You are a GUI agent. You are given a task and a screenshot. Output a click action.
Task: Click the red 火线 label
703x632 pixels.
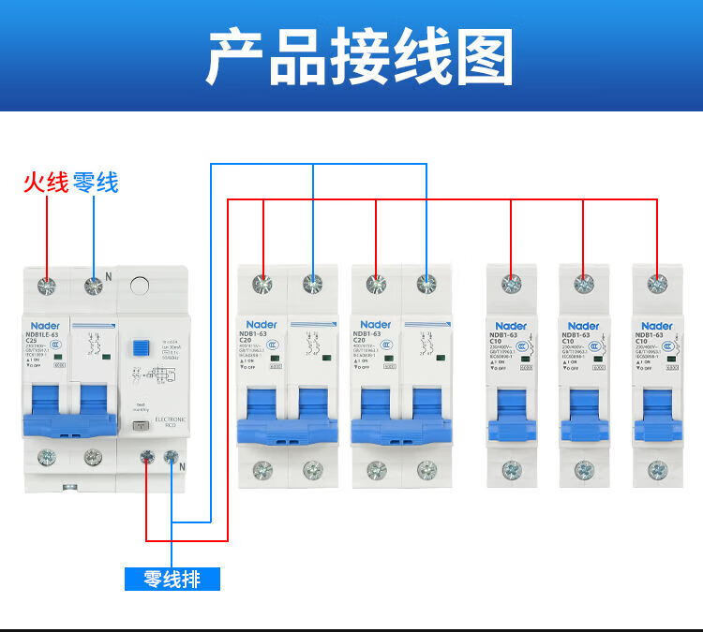pyautogui.click(x=46, y=183)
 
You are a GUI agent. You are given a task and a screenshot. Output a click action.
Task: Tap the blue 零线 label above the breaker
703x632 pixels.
pyautogui.click(x=96, y=183)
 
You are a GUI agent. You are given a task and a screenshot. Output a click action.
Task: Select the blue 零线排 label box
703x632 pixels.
pyautogui.click(x=172, y=579)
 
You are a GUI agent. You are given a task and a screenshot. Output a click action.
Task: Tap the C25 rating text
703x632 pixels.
pyautogui.click(x=33, y=341)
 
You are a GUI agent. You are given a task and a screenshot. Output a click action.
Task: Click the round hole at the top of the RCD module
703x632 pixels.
pyautogui.click(x=141, y=287)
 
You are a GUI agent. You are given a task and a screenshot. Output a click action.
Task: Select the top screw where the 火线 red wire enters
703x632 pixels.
pyautogui.click(x=45, y=286)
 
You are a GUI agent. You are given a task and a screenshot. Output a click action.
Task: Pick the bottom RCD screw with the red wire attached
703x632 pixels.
pyautogui.click(x=147, y=458)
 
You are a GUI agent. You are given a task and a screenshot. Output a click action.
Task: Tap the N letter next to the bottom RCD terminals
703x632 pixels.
pyautogui.click(x=183, y=468)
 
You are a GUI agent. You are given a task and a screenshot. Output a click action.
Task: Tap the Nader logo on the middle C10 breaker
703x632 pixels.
pyautogui.click(x=574, y=324)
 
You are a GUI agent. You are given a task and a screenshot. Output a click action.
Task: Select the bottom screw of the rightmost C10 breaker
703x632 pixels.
pyautogui.click(x=657, y=467)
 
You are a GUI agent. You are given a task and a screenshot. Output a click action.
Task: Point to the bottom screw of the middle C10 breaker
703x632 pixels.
pyautogui.click(x=584, y=467)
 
